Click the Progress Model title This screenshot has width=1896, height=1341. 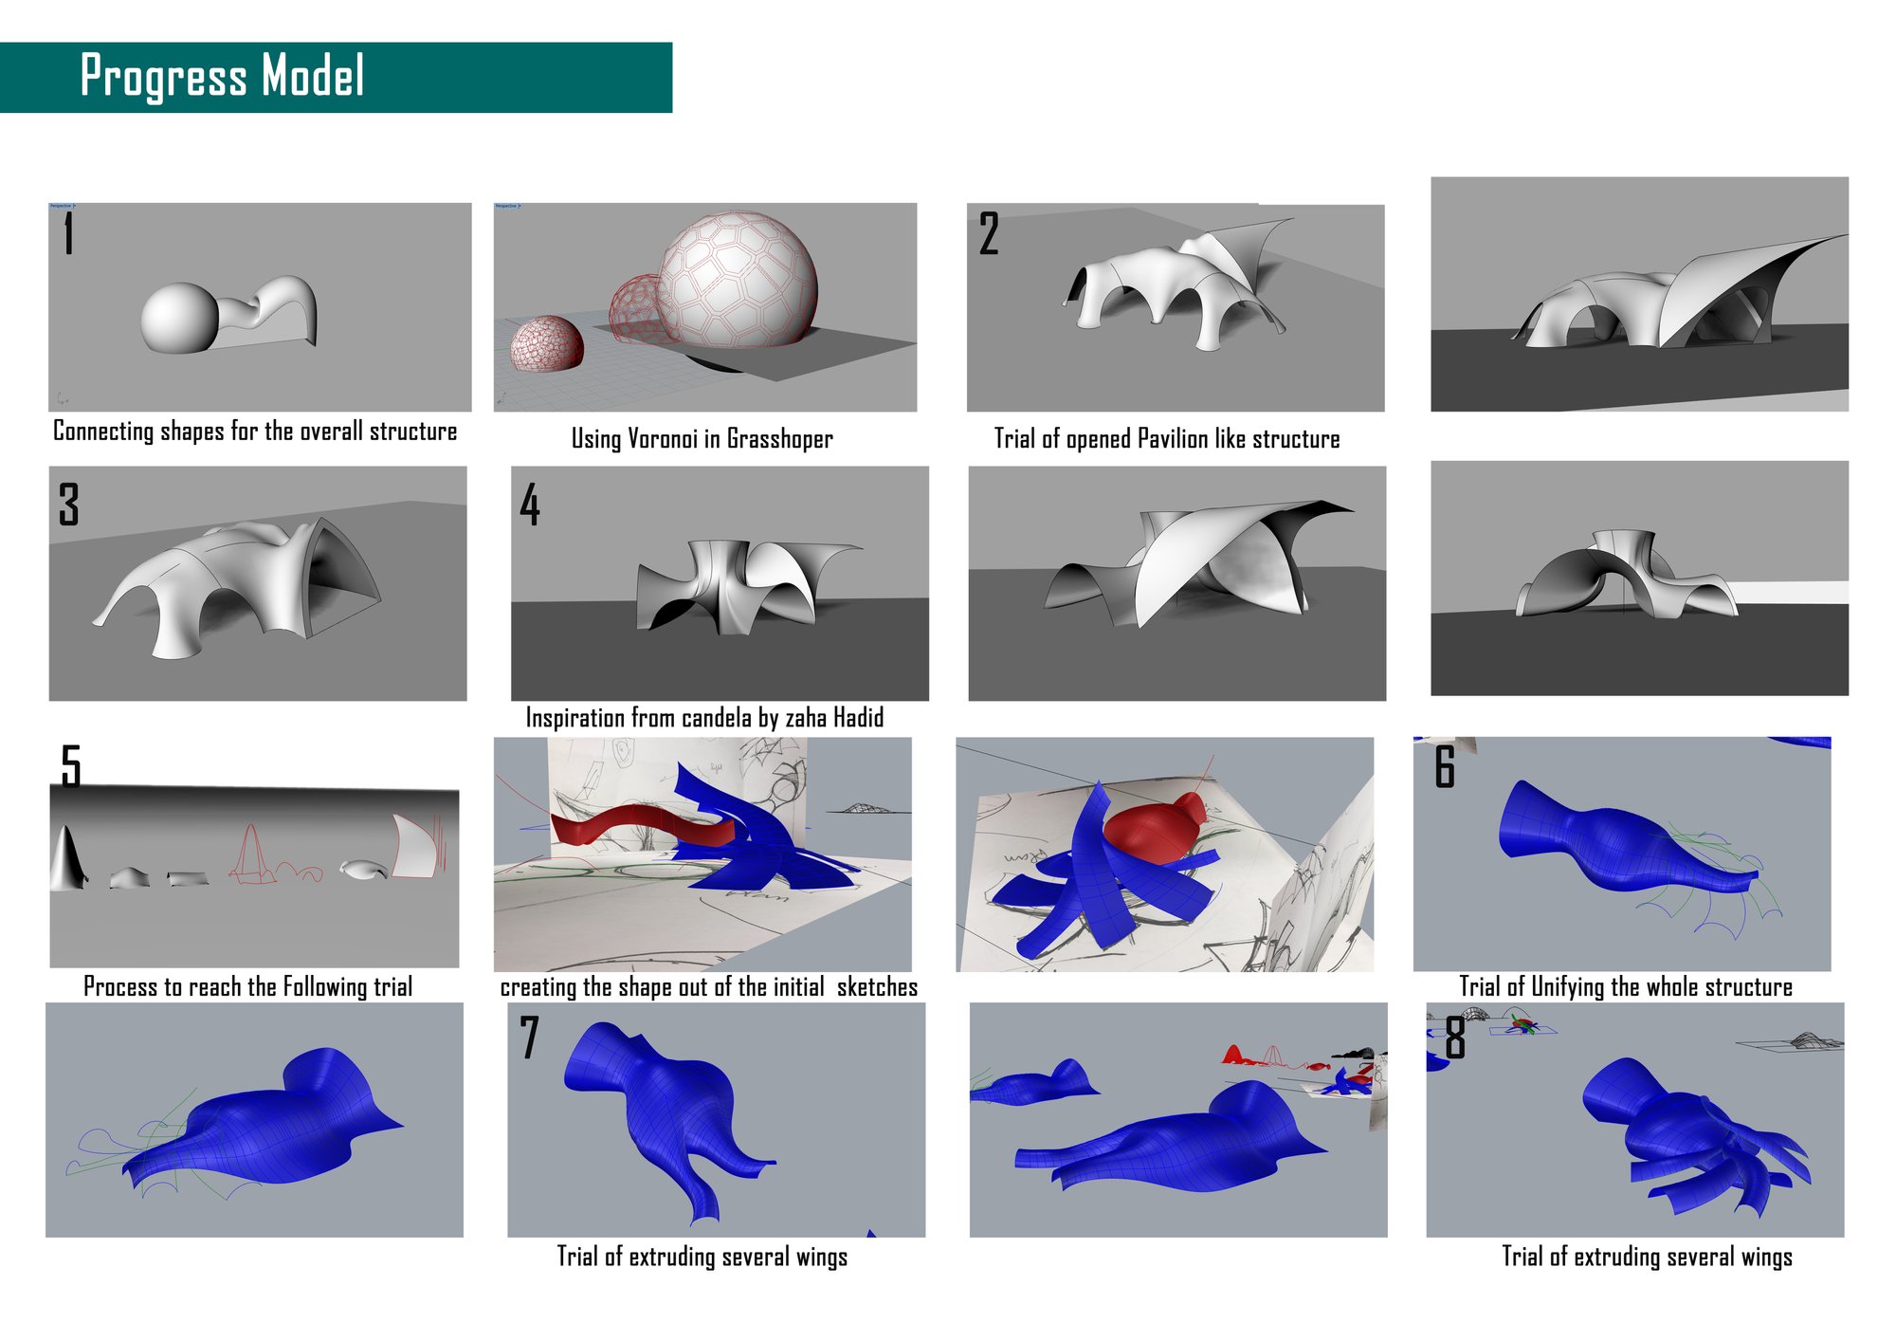pyautogui.click(x=222, y=76)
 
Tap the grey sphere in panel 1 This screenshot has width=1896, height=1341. pyautogui.click(x=179, y=319)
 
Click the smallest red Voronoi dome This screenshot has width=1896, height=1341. pyautogui.click(x=547, y=343)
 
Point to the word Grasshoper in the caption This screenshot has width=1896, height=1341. pyautogui.click(x=780, y=439)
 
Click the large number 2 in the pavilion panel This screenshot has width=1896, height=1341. pyautogui.click(x=989, y=233)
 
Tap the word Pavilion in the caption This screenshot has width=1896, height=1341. pyautogui.click(x=1173, y=439)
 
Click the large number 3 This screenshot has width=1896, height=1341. pyautogui.click(x=69, y=504)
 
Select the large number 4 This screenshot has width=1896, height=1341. pyautogui.click(x=530, y=504)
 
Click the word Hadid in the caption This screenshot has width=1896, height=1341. pyautogui.click(x=859, y=718)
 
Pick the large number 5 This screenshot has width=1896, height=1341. pyautogui.click(x=71, y=765)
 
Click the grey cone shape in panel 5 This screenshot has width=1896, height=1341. pyautogui.click(x=67, y=858)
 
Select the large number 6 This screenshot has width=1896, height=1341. pyautogui.click(x=1445, y=766)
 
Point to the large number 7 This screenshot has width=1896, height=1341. pyautogui.click(x=529, y=1037)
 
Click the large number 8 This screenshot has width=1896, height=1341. pyautogui.click(x=1455, y=1037)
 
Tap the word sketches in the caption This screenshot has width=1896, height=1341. pyautogui.click(x=877, y=987)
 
